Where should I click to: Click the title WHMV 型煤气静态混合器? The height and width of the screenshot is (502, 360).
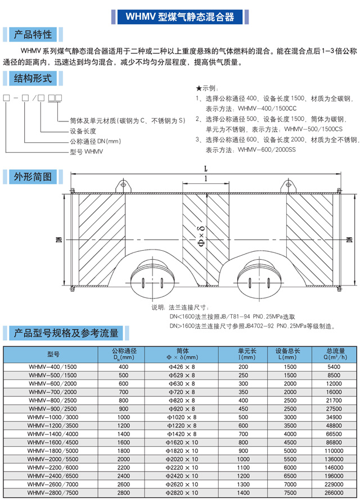tap(179, 17)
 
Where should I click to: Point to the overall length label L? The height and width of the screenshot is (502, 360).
tap(206, 168)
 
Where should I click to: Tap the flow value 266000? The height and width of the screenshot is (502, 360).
tap(334, 494)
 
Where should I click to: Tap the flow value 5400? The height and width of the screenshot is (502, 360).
tap(334, 367)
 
